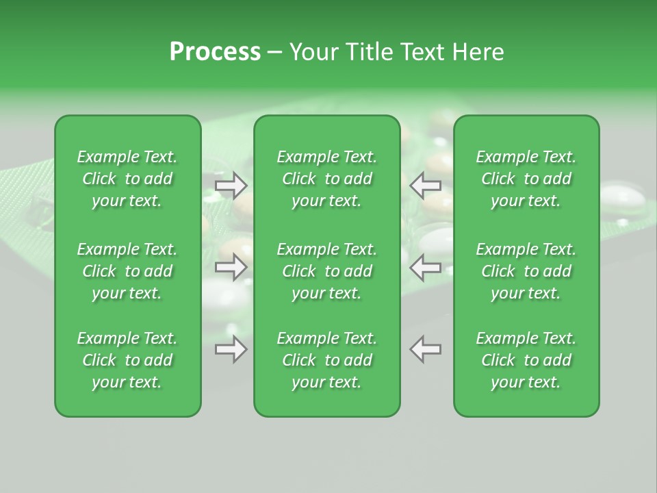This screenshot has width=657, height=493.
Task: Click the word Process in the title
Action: pos(215,52)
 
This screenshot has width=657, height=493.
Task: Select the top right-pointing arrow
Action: pos(231,185)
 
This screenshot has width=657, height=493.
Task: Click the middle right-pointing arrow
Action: pos(231,267)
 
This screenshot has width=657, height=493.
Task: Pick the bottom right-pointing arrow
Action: pos(231,349)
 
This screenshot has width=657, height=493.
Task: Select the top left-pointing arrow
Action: pos(426,185)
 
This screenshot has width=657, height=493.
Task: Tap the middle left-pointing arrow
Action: pos(426,267)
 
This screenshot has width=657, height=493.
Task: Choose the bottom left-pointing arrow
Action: pos(426,349)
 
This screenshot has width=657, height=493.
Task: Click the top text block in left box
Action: pos(127,179)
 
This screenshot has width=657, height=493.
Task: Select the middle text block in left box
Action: pos(127,271)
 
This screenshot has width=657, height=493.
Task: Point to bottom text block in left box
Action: pos(127,360)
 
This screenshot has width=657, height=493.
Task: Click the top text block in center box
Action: pos(326,179)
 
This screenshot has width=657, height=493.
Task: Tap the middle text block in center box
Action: pos(326,271)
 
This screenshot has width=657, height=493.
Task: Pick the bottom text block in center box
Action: pos(326,360)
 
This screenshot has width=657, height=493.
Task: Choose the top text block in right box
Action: pos(526,179)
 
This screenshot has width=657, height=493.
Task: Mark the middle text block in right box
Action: pos(526,271)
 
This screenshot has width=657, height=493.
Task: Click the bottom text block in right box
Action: pos(526,360)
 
